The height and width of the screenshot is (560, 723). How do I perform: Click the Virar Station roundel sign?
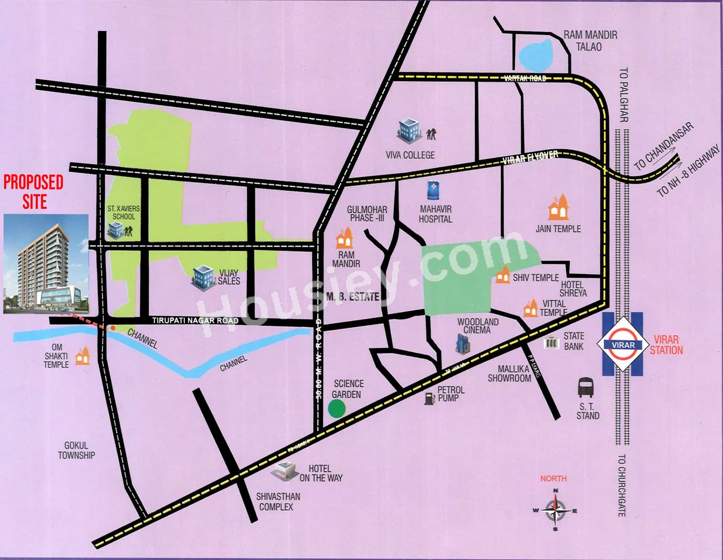pos(623,344)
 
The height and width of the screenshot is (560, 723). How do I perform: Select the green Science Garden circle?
pos(337,408)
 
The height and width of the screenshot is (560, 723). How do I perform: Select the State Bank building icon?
pos(552,342)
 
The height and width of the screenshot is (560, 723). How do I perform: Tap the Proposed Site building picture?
pos(46,264)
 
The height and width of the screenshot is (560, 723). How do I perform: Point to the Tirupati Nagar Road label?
pos(195,320)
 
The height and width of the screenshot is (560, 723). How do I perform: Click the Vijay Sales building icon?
pos(203,277)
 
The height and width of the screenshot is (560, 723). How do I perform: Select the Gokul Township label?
pos(77,450)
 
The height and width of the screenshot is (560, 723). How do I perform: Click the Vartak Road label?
pos(525,78)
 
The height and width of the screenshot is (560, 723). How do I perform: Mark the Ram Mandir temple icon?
pos(345,238)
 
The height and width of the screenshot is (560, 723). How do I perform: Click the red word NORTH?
pos(553,478)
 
